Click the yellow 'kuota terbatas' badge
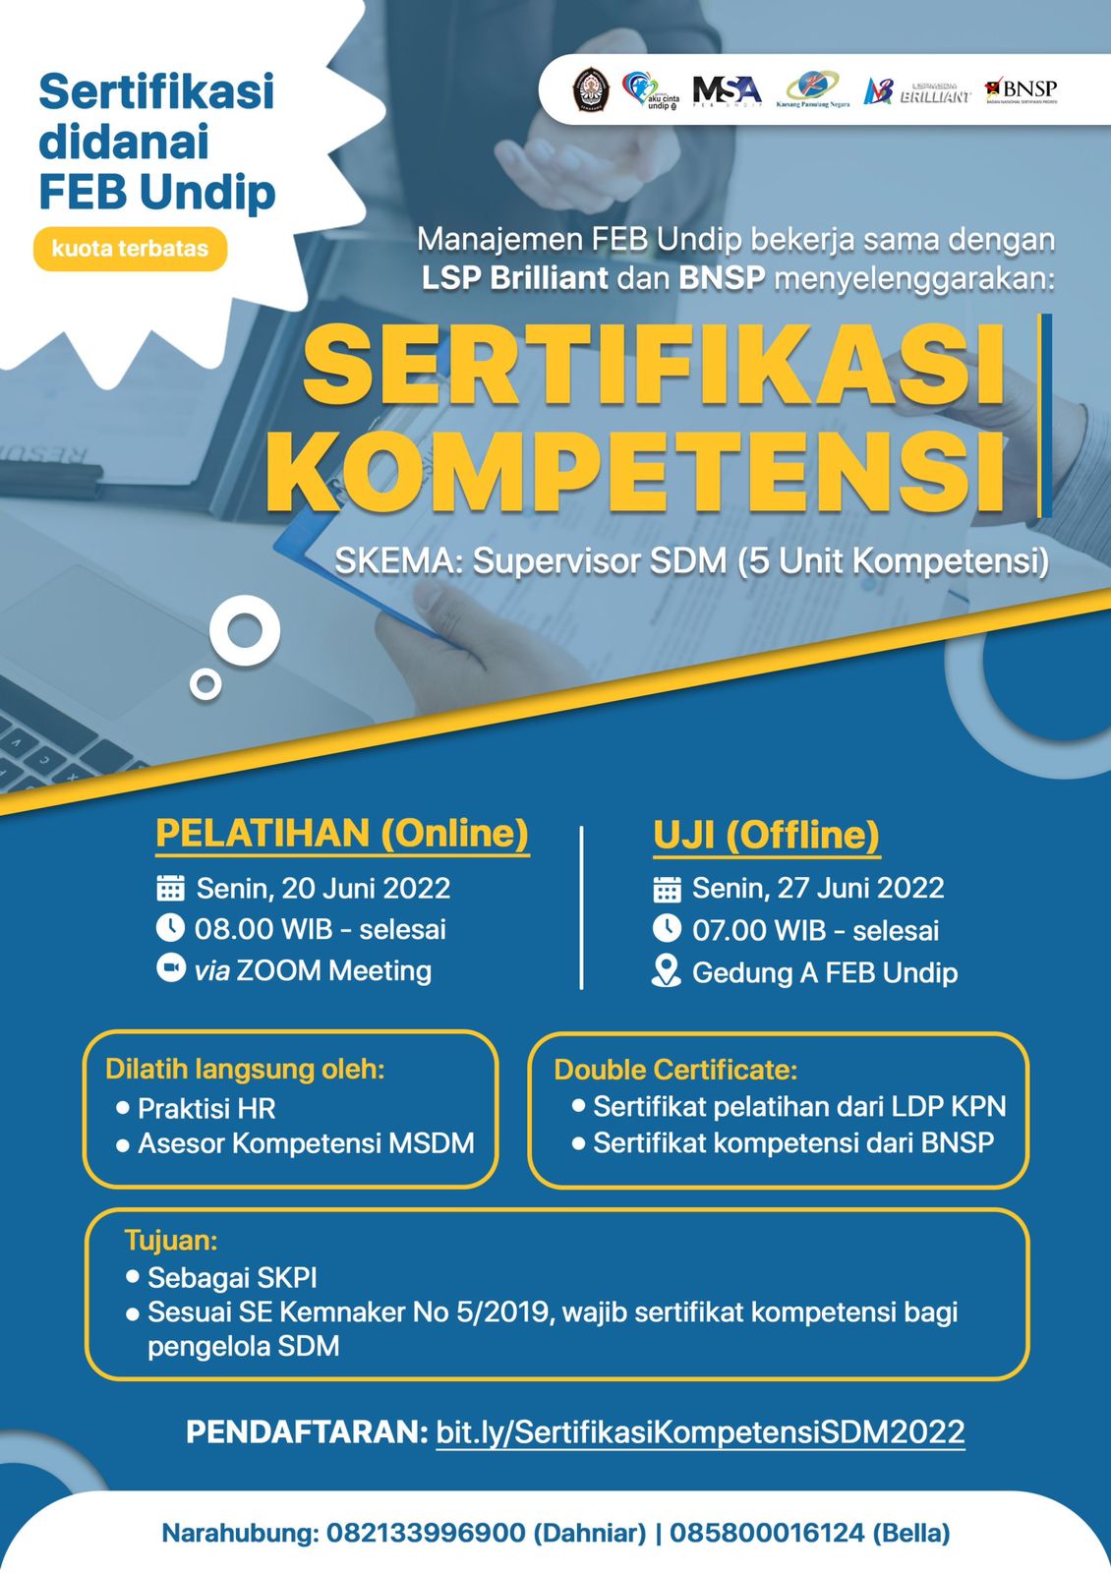[130, 249]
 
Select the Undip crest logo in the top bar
[590, 89]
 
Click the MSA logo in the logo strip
[727, 90]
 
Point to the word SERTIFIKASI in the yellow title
[654, 364]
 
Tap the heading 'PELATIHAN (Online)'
[342, 834]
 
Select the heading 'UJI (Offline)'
[766, 835]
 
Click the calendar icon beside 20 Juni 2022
[170, 888]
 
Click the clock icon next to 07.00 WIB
[667, 929]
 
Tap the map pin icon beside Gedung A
[667, 971]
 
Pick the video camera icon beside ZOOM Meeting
[170, 969]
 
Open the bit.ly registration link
[700, 1431]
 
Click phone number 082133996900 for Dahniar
[426, 1533]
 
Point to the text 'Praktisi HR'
[206, 1109]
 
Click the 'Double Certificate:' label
[675, 1070]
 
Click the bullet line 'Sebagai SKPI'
[232, 1278]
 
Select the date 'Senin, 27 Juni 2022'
[817, 889]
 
